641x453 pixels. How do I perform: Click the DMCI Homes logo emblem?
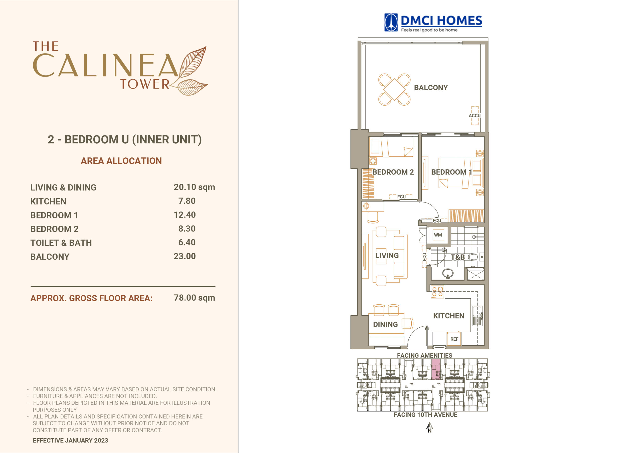click(391, 22)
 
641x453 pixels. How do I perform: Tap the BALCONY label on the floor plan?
click(431, 88)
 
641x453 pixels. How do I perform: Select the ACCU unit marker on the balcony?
click(474, 116)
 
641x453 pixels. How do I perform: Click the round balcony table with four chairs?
click(394, 90)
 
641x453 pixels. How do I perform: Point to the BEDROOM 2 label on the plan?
click(393, 172)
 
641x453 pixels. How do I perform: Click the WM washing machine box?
click(438, 235)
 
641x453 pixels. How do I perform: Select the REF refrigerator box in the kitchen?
click(454, 339)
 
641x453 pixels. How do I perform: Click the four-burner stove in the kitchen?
click(437, 292)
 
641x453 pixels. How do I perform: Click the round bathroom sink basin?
click(447, 274)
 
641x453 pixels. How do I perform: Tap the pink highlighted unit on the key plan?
click(436, 369)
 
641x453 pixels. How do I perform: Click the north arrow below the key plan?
click(429, 427)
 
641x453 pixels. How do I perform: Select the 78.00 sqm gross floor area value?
click(194, 298)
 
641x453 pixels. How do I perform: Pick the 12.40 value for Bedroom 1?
click(185, 215)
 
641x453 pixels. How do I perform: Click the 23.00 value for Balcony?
click(185, 256)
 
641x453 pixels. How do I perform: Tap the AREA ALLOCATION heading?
click(121, 161)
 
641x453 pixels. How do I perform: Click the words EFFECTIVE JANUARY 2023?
click(70, 440)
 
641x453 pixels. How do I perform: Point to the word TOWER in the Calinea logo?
click(145, 84)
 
